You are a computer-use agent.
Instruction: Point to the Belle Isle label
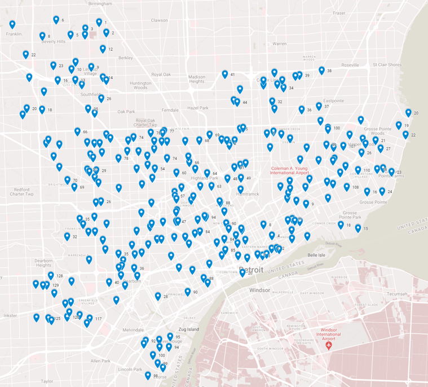click(x=318, y=255)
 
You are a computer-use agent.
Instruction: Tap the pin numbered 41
click(x=225, y=74)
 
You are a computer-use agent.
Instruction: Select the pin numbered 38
click(x=321, y=71)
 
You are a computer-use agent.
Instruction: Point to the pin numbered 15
click(x=358, y=229)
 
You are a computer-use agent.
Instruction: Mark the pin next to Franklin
click(x=12, y=25)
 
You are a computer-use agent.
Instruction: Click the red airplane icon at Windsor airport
click(x=329, y=345)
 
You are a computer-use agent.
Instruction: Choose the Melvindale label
click(x=134, y=329)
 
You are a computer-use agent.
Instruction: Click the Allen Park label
click(x=100, y=360)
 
